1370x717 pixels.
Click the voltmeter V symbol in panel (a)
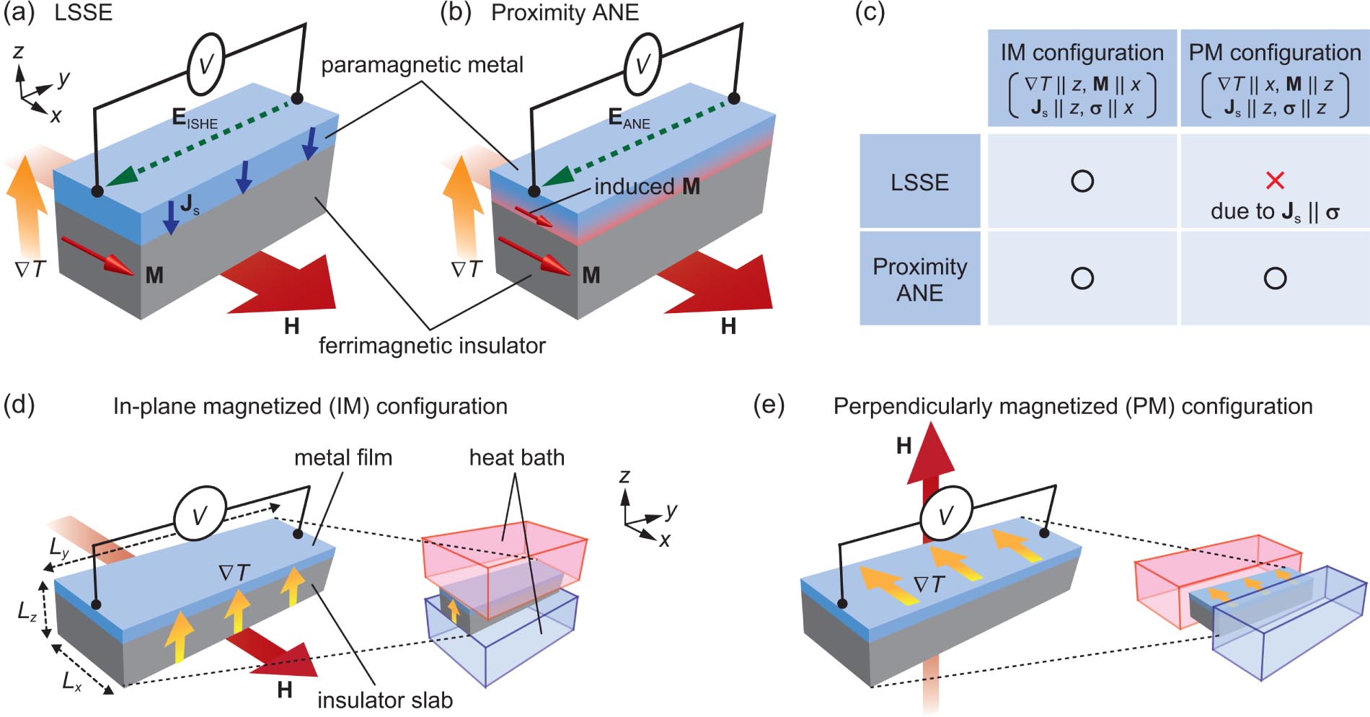(x=205, y=64)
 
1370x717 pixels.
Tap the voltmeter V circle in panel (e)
(x=945, y=515)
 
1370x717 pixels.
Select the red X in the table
(x=1275, y=180)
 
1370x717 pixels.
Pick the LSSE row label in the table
(x=919, y=182)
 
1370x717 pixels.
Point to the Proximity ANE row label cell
(x=919, y=279)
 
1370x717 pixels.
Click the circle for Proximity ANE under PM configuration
(x=1275, y=278)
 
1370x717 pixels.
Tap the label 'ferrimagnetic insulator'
(x=432, y=346)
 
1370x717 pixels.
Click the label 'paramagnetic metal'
(x=422, y=65)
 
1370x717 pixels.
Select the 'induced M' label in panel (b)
(x=647, y=187)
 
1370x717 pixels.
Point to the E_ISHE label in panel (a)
(x=193, y=119)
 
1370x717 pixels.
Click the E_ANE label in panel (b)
(x=628, y=119)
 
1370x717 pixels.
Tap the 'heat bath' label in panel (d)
(x=516, y=457)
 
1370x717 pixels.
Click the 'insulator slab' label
(x=385, y=700)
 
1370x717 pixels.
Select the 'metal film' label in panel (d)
(x=343, y=457)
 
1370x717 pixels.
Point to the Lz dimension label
(x=27, y=612)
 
